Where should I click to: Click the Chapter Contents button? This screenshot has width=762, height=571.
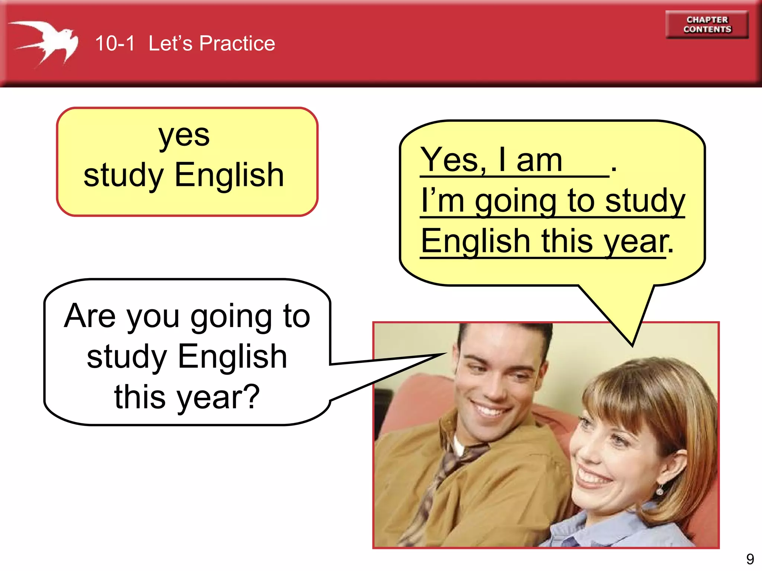(707, 25)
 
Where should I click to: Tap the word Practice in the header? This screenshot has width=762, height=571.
(237, 43)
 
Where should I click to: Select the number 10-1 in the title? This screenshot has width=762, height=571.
(115, 43)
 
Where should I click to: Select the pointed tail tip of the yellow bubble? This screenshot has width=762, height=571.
(632, 345)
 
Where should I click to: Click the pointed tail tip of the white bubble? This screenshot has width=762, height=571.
(445, 354)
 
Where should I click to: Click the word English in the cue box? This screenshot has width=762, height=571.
(229, 175)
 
